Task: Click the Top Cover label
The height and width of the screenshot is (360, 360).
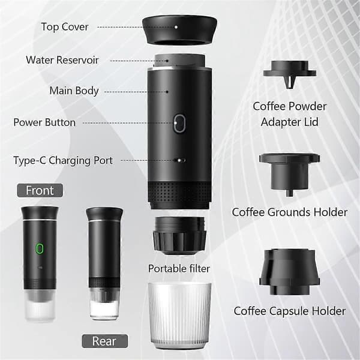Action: tap(65, 27)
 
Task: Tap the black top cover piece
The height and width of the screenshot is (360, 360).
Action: tap(180, 31)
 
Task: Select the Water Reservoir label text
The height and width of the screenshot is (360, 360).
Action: tap(62, 60)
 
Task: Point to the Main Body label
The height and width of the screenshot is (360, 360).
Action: tap(74, 91)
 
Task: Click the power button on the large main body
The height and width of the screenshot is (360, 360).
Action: tap(179, 123)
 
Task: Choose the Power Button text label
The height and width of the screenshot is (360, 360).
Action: tap(44, 122)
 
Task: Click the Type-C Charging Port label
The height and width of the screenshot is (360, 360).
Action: tap(63, 160)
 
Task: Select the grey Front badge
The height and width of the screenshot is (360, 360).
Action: tap(40, 190)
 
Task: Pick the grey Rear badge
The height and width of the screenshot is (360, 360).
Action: tap(104, 341)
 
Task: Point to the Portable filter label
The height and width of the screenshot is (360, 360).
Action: tap(179, 269)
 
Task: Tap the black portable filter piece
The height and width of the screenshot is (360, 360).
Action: tap(179, 236)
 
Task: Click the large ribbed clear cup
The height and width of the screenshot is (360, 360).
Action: tap(179, 316)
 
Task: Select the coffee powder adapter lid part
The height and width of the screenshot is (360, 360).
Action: tap(290, 74)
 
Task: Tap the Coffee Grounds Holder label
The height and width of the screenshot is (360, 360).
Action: tap(290, 212)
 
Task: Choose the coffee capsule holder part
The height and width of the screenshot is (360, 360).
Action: tap(290, 272)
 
